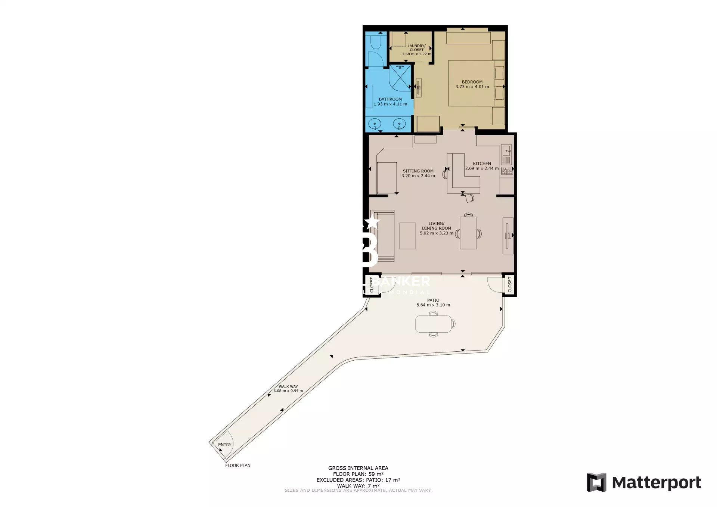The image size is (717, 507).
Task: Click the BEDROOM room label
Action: point(472,82)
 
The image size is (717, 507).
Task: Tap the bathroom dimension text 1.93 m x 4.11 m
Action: point(390,104)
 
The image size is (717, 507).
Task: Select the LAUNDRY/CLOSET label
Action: point(416,48)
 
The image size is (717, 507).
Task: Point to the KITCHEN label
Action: point(482,164)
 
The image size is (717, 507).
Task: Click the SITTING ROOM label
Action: point(418,171)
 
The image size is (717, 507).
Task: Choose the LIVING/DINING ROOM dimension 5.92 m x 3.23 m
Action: point(436,233)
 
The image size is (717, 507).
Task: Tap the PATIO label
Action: point(433,300)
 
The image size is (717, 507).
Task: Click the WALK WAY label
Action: point(288,387)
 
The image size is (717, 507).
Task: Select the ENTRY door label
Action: point(224,445)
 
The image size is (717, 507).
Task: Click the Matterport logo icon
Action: point(596,482)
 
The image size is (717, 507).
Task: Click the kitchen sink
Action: point(506,151)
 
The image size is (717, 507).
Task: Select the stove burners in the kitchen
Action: point(507,171)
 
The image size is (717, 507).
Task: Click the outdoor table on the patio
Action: point(434,324)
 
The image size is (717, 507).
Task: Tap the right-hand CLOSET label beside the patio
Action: point(510,284)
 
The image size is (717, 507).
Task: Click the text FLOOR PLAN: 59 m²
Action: point(358,474)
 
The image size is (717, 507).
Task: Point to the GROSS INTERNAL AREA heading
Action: point(358,468)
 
